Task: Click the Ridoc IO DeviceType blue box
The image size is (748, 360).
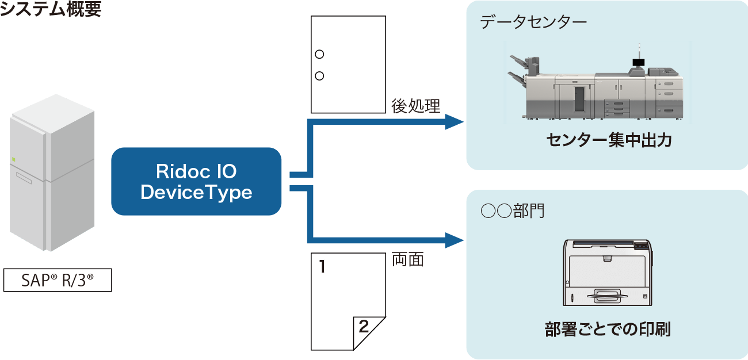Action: pos(196,182)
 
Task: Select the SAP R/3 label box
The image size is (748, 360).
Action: pos(58,281)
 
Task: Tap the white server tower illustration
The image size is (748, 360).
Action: pos(52,173)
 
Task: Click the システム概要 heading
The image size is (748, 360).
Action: pos(51,9)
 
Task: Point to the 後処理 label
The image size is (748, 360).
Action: pos(415,106)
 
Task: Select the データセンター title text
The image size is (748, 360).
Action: pos(533,24)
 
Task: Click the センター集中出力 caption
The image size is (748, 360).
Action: pos(608,141)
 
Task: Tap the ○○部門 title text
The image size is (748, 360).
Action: pos(513,211)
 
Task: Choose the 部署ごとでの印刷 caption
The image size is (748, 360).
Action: pos(608,330)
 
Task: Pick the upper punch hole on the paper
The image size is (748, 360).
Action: pos(320,55)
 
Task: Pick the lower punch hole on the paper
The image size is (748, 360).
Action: pos(320,75)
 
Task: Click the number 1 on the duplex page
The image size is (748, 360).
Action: pos(322,267)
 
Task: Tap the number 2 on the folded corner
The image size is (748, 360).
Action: pos(364,327)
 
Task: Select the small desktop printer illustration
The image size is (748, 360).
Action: pos(608,272)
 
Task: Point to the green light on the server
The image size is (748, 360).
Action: pos(14,159)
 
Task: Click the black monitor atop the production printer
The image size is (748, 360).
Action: pos(639,62)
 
